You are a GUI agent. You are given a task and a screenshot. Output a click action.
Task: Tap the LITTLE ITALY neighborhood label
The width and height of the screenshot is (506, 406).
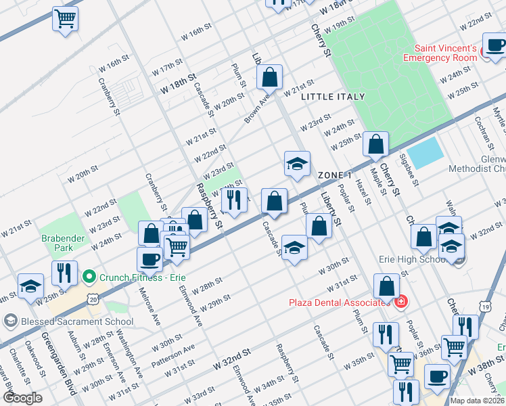(x=333, y=97)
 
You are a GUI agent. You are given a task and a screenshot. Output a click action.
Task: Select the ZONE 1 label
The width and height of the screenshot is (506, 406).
(x=335, y=175)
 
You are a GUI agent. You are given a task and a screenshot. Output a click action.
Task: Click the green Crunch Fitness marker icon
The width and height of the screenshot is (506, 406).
(x=88, y=277)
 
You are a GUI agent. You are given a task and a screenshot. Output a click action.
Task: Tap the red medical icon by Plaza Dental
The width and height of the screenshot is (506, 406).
(x=400, y=302)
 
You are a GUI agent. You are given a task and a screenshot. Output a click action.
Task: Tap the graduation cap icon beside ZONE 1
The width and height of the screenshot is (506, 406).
(x=296, y=164)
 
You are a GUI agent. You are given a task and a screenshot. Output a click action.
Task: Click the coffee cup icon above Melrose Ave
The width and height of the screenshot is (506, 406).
(x=149, y=258)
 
